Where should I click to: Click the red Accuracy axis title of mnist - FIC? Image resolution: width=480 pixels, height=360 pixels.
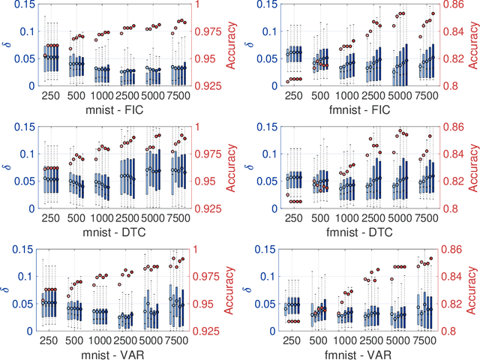tap(232, 45)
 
